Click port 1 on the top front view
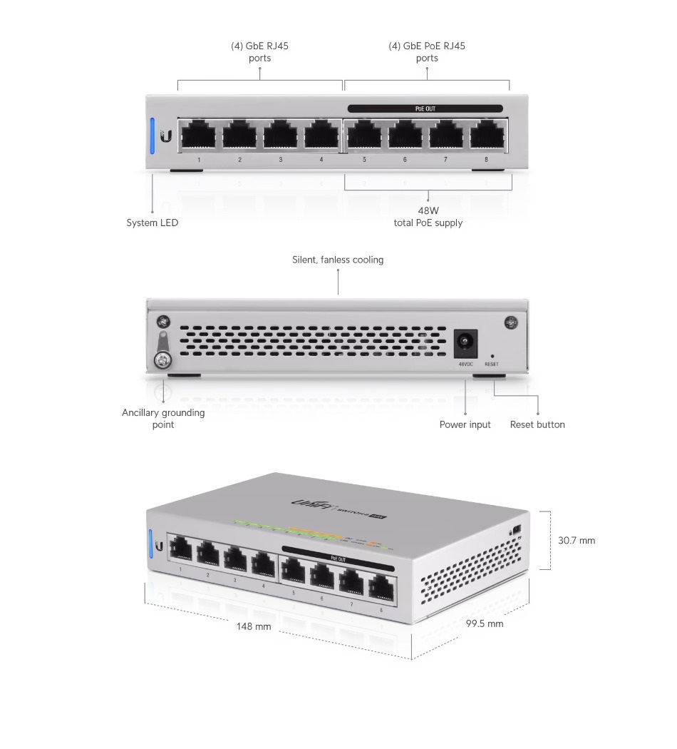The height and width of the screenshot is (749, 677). pyautogui.click(x=198, y=135)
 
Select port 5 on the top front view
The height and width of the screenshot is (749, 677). pyautogui.click(x=364, y=135)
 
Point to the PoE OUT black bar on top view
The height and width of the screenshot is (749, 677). pyautogui.click(x=425, y=109)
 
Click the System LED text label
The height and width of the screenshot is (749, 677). pyautogui.click(x=153, y=223)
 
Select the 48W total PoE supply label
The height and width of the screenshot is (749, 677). pyautogui.click(x=428, y=217)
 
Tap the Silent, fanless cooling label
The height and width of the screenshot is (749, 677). pyautogui.click(x=338, y=260)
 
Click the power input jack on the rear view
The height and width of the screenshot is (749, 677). pyautogui.click(x=465, y=343)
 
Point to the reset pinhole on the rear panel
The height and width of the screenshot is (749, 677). pyautogui.click(x=492, y=355)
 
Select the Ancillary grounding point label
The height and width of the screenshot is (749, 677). pyautogui.click(x=163, y=419)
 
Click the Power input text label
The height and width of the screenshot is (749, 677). pyautogui.click(x=465, y=424)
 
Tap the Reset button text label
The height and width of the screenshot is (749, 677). pyautogui.click(x=537, y=424)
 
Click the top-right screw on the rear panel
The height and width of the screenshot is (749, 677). pyautogui.click(x=511, y=323)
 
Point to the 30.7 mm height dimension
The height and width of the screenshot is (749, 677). pyautogui.click(x=576, y=541)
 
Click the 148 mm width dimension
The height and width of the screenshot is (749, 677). pyautogui.click(x=254, y=626)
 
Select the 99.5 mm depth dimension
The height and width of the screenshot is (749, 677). pyautogui.click(x=485, y=623)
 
